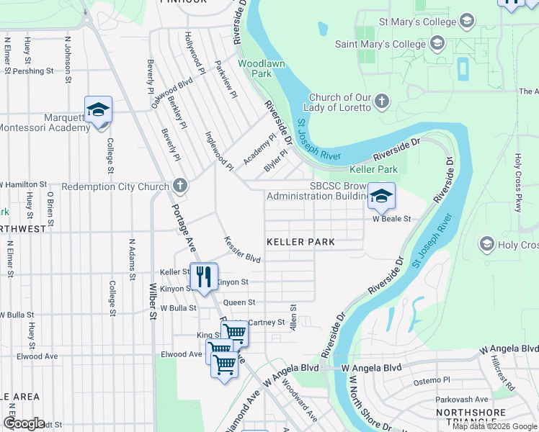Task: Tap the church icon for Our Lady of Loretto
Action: [x=382, y=102]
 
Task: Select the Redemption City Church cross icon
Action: [x=180, y=186]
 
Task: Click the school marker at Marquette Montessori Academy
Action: [x=98, y=111]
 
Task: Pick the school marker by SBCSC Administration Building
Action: [x=381, y=195]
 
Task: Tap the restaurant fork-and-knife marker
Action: [x=205, y=275]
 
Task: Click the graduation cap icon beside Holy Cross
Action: [x=487, y=245]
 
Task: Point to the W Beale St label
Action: [x=391, y=219]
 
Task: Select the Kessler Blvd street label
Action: [x=241, y=249]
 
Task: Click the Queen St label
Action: [x=239, y=303]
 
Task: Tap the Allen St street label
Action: [x=293, y=318]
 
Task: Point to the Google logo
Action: [x=24, y=423]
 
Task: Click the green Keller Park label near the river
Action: [x=373, y=170]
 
